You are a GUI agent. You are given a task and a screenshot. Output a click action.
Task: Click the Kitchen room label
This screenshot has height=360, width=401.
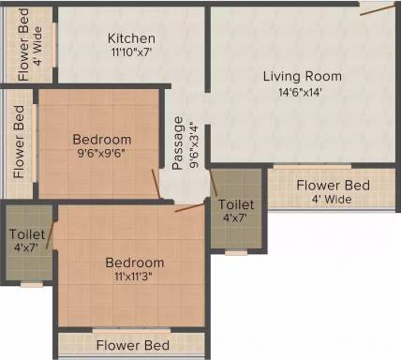131,38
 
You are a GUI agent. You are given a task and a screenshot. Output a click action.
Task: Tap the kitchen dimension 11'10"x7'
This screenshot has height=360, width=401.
131,52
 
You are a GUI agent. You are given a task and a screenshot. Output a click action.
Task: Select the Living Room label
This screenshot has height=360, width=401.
302,76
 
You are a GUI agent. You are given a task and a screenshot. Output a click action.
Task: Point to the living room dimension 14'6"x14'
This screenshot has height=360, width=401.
300,93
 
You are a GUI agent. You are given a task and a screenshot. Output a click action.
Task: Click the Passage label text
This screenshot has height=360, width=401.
177,142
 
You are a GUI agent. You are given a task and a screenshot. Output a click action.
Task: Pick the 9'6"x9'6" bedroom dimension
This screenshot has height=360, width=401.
102,154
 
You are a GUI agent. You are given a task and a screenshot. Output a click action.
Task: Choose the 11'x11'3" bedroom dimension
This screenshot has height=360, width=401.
135,277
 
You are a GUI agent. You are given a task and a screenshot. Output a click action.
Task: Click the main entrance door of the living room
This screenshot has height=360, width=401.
378,9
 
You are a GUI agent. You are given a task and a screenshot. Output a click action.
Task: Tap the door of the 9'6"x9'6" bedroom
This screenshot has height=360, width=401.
156,184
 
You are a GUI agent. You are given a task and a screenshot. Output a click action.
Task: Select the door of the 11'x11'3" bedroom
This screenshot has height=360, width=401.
189,207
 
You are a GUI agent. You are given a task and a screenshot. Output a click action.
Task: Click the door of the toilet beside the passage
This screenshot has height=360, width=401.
214,183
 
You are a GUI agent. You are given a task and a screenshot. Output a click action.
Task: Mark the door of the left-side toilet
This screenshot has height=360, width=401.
50,235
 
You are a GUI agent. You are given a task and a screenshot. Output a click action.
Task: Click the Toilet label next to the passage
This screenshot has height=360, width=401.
236,204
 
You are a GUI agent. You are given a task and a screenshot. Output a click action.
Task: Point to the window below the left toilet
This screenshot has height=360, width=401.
32,284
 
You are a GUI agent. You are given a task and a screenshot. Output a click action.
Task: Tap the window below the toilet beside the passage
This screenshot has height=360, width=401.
236,252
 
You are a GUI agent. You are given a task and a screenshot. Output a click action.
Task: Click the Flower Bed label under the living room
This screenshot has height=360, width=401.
333,186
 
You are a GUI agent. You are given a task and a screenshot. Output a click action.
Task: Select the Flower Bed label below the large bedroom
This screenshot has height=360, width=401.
133,345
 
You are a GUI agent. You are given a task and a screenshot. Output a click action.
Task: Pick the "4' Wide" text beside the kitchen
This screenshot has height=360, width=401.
37,46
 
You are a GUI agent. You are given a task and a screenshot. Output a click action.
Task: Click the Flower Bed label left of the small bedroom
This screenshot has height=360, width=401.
19,142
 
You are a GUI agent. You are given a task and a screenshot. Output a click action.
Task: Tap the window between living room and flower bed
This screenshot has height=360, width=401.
312,167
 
